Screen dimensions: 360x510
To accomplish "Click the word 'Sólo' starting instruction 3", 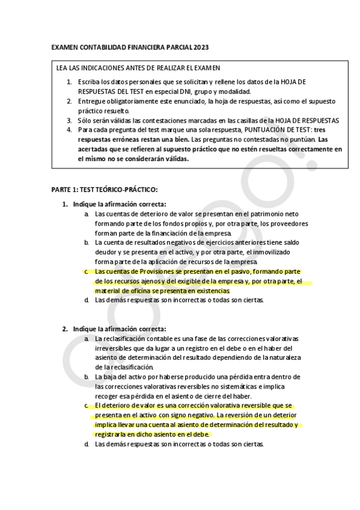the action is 85,120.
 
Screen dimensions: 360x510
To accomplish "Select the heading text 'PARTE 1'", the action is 63,189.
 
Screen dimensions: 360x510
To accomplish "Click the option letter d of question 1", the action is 87,300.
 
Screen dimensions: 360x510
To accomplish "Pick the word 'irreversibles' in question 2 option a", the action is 114,348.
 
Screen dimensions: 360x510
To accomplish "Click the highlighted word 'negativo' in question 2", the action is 198,416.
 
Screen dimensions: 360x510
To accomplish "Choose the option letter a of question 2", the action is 87,339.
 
